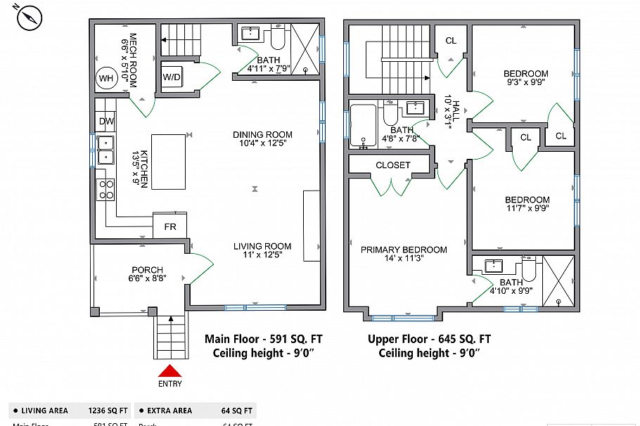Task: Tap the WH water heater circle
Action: (106, 78)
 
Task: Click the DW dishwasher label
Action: (106, 122)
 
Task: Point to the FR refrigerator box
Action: (170, 227)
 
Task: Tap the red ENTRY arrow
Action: (170, 371)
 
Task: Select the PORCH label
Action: (147, 270)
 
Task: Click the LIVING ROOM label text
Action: (262, 246)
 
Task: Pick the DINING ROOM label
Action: (262, 134)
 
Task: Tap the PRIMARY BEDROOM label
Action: (404, 250)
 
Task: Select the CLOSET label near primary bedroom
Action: (392, 165)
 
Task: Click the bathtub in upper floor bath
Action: (364, 125)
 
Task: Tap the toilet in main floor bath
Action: (276, 36)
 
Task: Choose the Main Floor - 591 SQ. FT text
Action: (263, 339)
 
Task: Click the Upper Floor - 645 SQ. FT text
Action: (429, 339)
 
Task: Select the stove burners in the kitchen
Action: (106, 189)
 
